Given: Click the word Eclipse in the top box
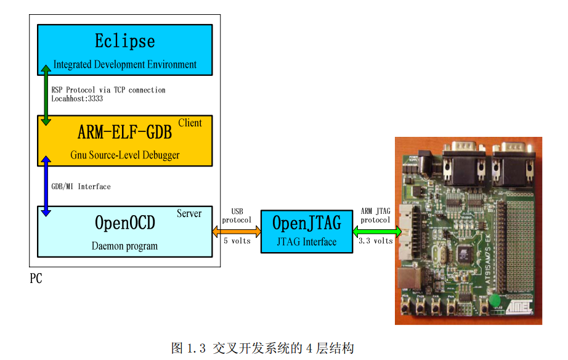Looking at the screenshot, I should pyautogui.click(x=124, y=41).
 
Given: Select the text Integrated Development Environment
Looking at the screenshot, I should pyautogui.click(x=124, y=64).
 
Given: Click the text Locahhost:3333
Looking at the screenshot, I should pyautogui.click(x=77, y=98).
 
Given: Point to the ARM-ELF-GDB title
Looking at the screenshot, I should pyautogui.click(x=124, y=132).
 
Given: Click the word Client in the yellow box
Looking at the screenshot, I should pyautogui.click(x=190, y=123).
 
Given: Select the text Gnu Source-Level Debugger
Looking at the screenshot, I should pyautogui.click(x=124, y=155).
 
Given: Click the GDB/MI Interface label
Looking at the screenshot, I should pyautogui.click(x=81, y=186).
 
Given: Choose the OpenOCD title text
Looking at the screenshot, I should pyautogui.click(x=124, y=223).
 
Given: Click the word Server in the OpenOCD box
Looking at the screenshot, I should pyautogui.click(x=189, y=213).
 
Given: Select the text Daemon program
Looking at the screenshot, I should pyautogui.click(x=124, y=246).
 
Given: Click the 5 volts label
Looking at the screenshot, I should pyautogui.click(x=237, y=240).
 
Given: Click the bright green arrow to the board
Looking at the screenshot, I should pyautogui.click(x=376, y=232).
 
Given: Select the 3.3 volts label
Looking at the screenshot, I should pyautogui.click(x=375, y=241).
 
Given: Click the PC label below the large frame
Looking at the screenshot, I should pyautogui.click(x=36, y=279).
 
